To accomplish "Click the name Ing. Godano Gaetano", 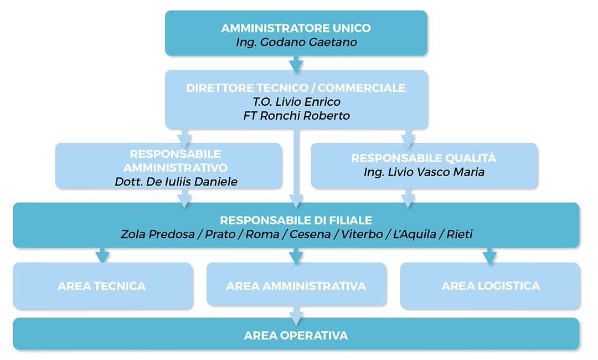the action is (296, 42).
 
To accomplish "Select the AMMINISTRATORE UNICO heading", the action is (296, 28).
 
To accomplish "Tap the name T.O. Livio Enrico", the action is (296, 102).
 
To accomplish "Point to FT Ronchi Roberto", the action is (296, 116).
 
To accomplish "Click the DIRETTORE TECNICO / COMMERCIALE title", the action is (296, 88).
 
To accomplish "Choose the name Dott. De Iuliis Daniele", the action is (176, 182).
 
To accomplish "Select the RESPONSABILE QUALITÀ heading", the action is (424, 158).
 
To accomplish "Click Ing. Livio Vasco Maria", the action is (424, 172).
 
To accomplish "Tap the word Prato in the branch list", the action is (220, 234).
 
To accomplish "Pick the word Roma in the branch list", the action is (262, 234).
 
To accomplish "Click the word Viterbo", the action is (362, 234).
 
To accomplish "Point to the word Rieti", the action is (460, 234).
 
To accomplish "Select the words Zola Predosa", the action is (157, 234).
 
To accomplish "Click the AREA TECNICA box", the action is (102, 286).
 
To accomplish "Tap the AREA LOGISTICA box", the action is (490, 286).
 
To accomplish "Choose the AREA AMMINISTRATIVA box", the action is (296, 284).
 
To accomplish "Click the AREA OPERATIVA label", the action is (296, 336).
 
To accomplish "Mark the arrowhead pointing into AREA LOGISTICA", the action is (489, 257).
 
